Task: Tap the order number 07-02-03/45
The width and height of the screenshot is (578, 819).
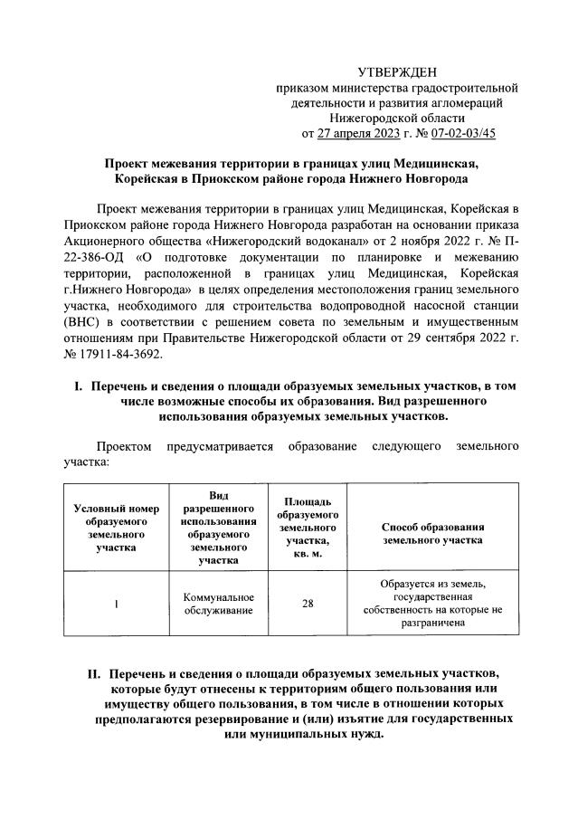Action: click(x=462, y=133)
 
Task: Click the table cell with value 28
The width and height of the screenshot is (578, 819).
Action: click(x=308, y=604)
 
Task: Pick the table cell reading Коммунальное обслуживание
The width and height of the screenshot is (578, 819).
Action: click(x=218, y=604)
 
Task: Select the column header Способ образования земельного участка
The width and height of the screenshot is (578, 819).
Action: click(x=432, y=532)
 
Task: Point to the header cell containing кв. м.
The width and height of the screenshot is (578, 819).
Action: click(x=308, y=552)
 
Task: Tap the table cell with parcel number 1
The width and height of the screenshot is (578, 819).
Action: click(x=117, y=605)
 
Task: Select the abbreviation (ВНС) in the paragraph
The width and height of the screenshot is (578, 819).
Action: click(x=82, y=321)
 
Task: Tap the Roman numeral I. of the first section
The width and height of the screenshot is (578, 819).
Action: click(x=78, y=386)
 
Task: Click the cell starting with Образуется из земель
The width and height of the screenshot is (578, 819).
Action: click(x=433, y=604)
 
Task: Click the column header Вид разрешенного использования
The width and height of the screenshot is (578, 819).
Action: click(x=218, y=528)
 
